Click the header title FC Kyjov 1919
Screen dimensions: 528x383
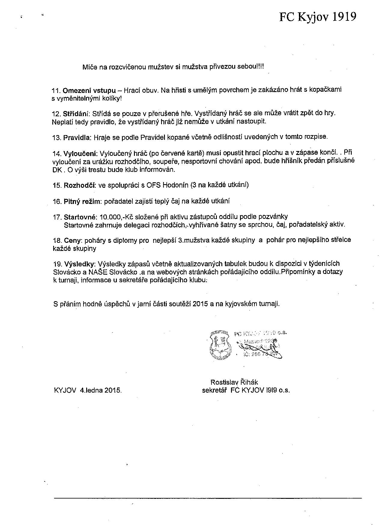(x=318, y=17)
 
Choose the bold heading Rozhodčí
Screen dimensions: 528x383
(x=80, y=185)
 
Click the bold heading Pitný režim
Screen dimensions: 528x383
(x=82, y=202)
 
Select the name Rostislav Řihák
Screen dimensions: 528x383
(x=234, y=382)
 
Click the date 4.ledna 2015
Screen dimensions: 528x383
(x=100, y=391)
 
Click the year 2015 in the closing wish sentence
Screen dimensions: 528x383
(x=201, y=304)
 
